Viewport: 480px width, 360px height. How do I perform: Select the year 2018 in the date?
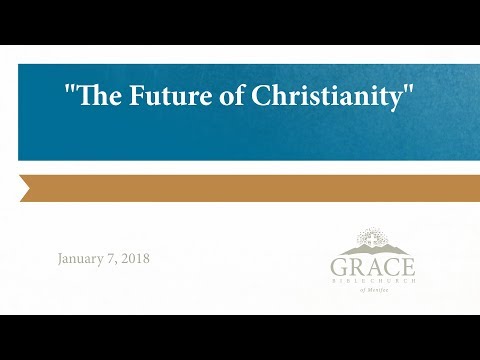(x=134, y=258)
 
